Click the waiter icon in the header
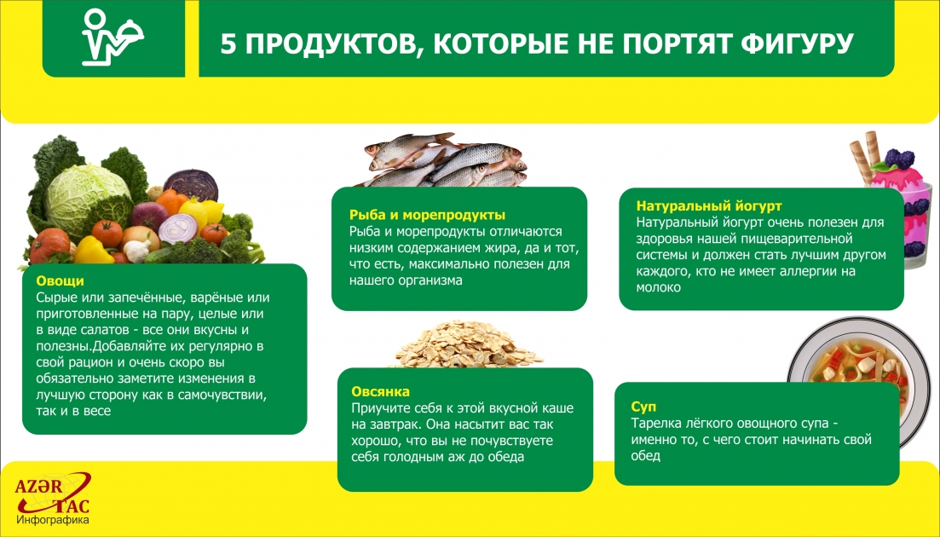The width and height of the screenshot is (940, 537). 111,38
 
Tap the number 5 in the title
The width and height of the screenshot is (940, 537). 228,43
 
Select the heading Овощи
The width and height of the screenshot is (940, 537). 60,280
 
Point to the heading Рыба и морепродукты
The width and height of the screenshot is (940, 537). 427,215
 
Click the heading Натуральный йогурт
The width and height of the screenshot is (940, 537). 709,206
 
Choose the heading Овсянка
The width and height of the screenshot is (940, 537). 380,392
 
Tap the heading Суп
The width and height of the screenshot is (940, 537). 643,407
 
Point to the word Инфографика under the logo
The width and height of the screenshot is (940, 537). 53,519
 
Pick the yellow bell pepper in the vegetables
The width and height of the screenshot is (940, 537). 93,251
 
